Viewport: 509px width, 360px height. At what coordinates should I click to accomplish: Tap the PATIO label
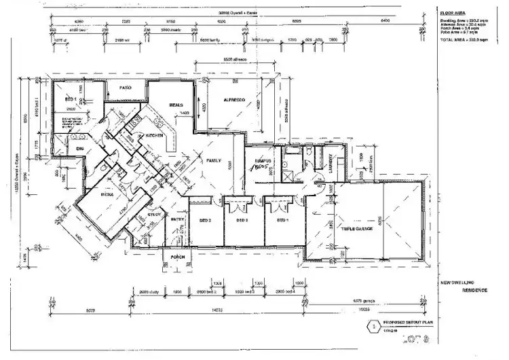pos(126,88)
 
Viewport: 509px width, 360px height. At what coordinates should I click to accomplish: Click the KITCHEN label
pos(155,136)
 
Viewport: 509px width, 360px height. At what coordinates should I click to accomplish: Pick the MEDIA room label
pos(107,194)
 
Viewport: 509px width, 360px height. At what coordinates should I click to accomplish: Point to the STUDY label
pos(155,216)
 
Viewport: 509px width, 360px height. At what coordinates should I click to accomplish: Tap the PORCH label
pos(178,257)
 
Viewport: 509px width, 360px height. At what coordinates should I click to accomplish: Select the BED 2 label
pos(205,221)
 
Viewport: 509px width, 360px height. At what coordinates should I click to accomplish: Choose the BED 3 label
pos(242,221)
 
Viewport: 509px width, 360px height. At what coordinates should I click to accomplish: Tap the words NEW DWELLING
pos(457,282)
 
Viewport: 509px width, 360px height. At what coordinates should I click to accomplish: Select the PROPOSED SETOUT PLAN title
pos(409,324)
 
